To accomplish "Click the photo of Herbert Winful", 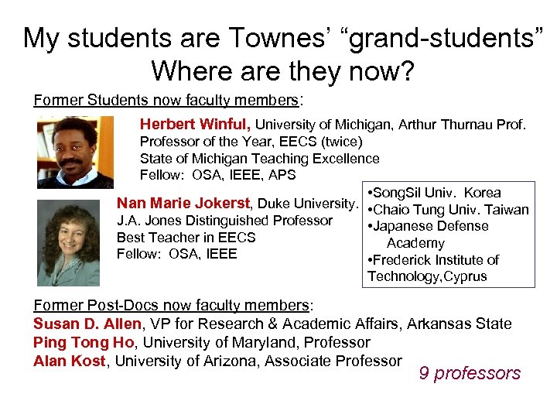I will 74,152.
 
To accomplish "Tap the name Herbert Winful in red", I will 195,124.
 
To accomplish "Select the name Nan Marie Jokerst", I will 183,204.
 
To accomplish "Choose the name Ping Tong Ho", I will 82,342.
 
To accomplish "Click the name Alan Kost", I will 70,360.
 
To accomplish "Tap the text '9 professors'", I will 470,373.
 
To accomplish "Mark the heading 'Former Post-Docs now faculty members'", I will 171,306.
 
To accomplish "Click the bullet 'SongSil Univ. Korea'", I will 437,192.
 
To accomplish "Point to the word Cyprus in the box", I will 463,276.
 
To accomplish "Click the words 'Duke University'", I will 306,204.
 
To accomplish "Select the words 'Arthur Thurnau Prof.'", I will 462,124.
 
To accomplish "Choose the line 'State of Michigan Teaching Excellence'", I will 259,158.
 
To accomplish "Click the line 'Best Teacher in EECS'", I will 186,237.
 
